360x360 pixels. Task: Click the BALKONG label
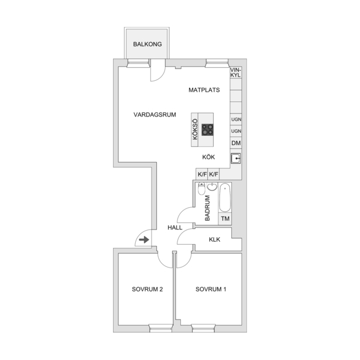point(148,44)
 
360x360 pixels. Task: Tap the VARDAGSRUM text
point(155,115)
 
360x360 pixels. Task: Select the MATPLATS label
point(204,90)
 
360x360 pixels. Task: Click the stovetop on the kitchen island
point(208,130)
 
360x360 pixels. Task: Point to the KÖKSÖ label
point(195,129)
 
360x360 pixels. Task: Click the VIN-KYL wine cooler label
point(236,73)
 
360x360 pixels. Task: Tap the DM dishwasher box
point(236,143)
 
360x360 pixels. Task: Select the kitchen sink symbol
point(236,159)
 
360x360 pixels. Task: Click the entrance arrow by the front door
point(144,240)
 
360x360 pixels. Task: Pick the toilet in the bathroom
point(201,188)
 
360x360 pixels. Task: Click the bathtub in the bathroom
point(225,198)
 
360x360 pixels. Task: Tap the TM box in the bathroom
point(225,218)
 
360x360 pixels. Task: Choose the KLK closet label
point(214,239)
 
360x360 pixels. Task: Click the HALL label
point(175,228)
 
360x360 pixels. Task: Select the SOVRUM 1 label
point(211,289)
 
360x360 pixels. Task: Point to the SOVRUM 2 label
point(148,289)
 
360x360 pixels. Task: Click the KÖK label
point(208,157)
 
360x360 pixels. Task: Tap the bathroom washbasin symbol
point(212,187)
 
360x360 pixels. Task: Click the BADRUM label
point(207,208)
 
